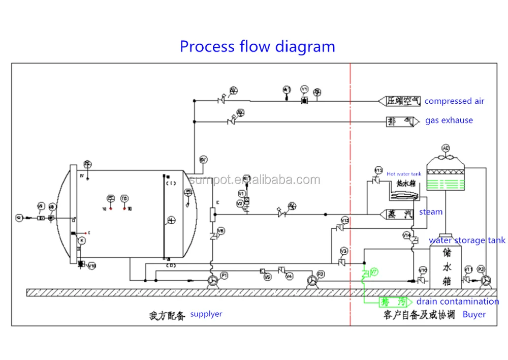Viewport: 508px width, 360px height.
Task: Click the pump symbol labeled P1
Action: pos(213,281)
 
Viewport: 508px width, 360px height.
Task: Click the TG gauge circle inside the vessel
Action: pos(124,198)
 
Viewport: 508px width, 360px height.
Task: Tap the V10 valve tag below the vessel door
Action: pos(92,265)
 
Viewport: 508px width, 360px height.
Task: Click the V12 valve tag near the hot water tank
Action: pos(378,170)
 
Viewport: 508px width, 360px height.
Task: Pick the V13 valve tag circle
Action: pos(345,220)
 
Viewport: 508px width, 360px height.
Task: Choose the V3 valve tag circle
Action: pos(344,252)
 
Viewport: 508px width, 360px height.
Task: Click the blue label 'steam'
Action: pos(431,212)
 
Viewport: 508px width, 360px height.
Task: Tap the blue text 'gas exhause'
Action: pos(449,121)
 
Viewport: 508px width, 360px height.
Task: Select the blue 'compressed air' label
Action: pos(454,101)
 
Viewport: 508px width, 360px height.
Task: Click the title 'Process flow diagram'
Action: pos(257,46)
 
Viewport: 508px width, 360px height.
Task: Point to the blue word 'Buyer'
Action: pos(474,314)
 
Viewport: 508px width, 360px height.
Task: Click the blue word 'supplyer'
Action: pos(206,314)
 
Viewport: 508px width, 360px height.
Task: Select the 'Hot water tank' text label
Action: pos(404,174)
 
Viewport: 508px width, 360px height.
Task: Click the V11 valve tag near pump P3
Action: pos(468,269)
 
